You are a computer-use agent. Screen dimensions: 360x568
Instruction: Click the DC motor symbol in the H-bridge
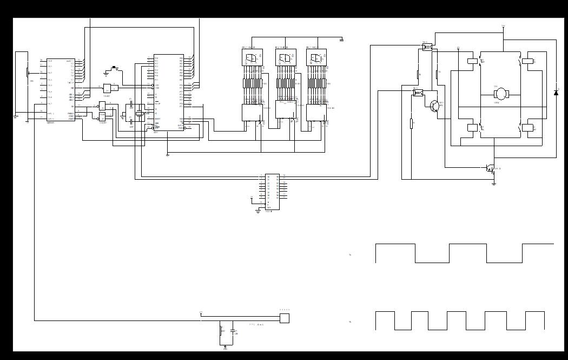pyautogui.click(x=501, y=94)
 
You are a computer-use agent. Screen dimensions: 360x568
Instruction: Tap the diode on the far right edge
pyautogui.click(x=556, y=93)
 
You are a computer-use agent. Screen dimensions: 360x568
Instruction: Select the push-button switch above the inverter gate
pyautogui.click(x=114, y=68)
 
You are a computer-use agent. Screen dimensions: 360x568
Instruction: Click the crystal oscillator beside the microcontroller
pyautogui.click(x=139, y=113)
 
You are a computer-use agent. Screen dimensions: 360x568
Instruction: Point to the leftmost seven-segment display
pyautogui.click(x=252, y=57)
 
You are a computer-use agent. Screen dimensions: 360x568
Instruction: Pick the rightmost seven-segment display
pyautogui.click(x=316, y=57)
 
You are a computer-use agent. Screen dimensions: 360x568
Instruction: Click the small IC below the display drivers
pyautogui.click(x=272, y=192)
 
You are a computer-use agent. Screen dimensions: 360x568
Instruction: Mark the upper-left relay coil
pyautogui.click(x=472, y=61)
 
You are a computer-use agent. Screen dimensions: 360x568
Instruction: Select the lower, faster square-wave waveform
pyautogui.click(x=460, y=320)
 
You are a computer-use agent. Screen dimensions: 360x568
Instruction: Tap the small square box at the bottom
pyautogui.click(x=284, y=318)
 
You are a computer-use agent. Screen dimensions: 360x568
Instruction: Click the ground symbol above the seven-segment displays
pyautogui.click(x=341, y=39)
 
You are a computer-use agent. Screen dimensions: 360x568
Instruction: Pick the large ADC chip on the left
pyautogui.click(x=61, y=90)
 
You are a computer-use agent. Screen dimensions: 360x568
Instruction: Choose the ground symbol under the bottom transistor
pyautogui.click(x=494, y=184)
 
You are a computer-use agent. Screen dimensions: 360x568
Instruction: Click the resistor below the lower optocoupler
pyautogui.click(x=411, y=123)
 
